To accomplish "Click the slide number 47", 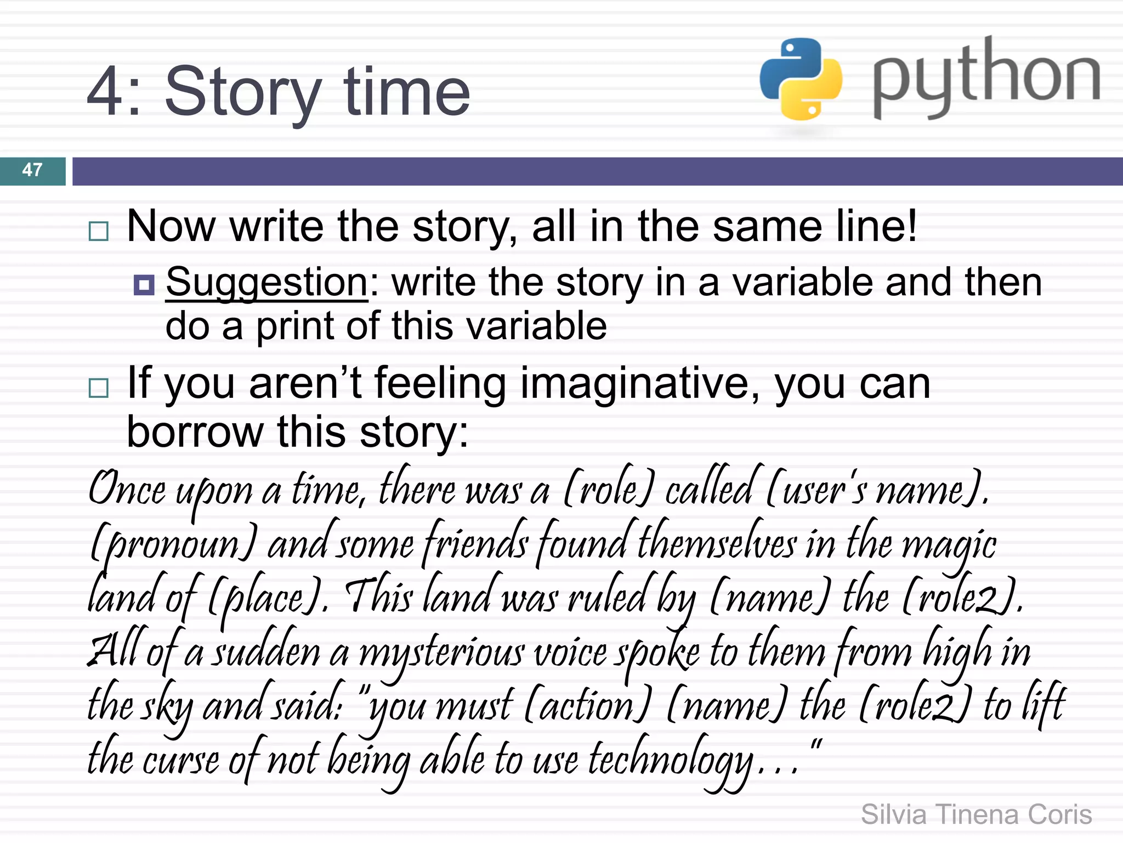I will [x=32, y=170].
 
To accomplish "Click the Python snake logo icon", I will [x=801, y=79].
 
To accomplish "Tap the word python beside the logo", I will [x=986, y=77].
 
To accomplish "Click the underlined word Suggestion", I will [x=266, y=283].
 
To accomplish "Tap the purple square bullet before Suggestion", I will [x=144, y=284].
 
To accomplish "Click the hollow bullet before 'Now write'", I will [x=99, y=231].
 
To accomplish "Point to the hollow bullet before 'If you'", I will [x=99, y=388].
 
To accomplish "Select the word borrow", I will [x=195, y=432].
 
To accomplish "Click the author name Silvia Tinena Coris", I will [x=976, y=814].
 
